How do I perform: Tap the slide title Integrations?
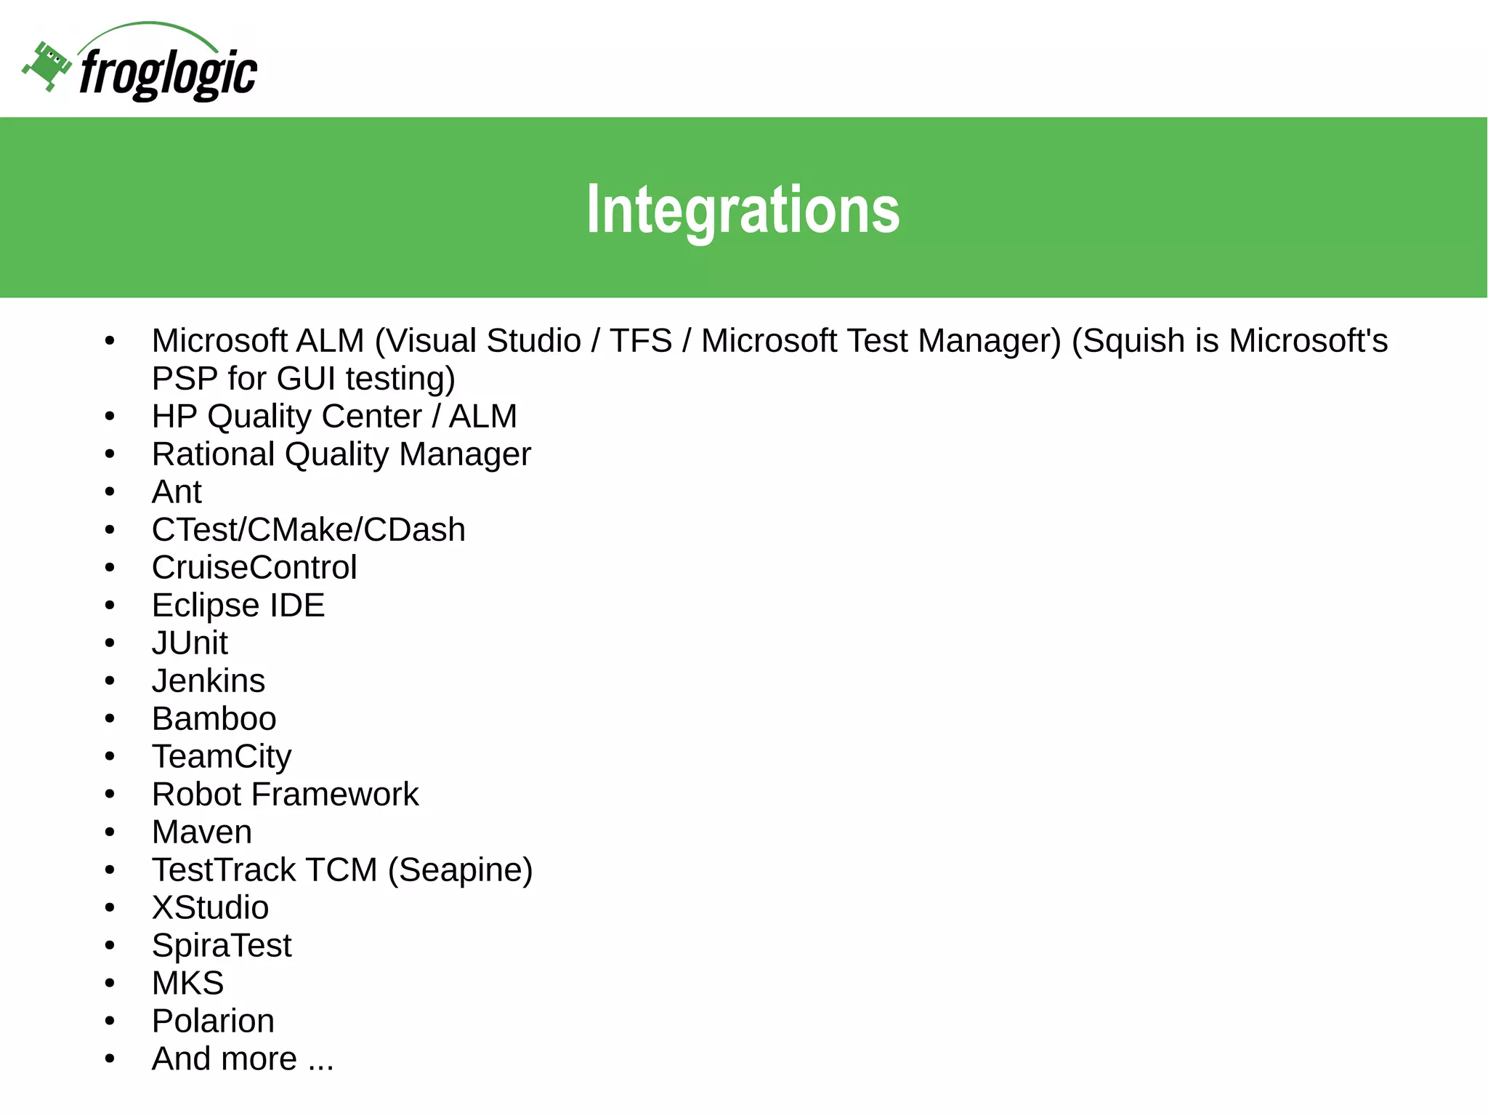pyautogui.click(x=743, y=209)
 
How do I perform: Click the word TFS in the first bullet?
pyautogui.click(x=640, y=341)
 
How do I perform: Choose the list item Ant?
pyautogui.click(x=177, y=492)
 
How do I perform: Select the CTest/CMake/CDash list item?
pyautogui.click(x=308, y=530)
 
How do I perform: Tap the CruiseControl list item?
pyautogui.click(x=254, y=568)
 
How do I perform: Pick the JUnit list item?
pyautogui.click(x=190, y=643)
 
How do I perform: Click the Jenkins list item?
pyautogui.click(x=209, y=681)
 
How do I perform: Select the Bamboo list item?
pyautogui.click(x=214, y=719)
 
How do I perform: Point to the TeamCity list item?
pyautogui.click(x=222, y=757)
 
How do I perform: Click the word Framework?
pyautogui.click(x=335, y=795)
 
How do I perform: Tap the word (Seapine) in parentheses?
pyautogui.click(x=460, y=870)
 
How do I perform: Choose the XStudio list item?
pyautogui.click(x=210, y=908)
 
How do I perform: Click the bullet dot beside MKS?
pyautogui.click(x=110, y=984)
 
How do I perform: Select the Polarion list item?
pyautogui.click(x=213, y=1021)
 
